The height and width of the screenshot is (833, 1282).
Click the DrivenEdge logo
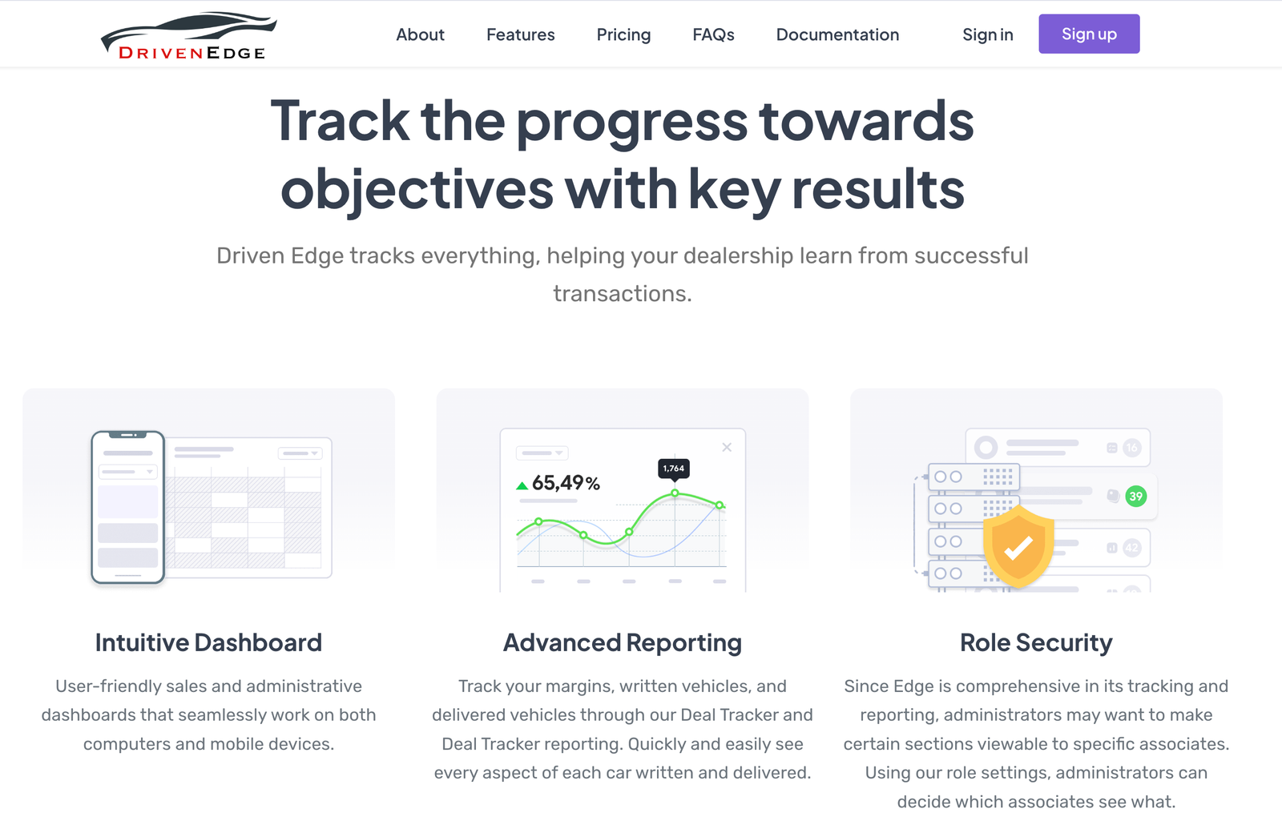pyautogui.click(x=189, y=36)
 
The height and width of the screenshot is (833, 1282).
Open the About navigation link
pyautogui.click(x=420, y=34)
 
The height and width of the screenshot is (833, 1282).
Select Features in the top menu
pyautogui.click(x=520, y=34)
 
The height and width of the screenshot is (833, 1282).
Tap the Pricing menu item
pyautogui.click(x=623, y=35)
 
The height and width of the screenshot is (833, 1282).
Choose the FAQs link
pyautogui.click(x=713, y=34)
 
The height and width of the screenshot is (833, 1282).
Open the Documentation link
pyautogui.click(x=837, y=34)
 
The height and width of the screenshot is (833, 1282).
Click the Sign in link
pyautogui.click(x=987, y=34)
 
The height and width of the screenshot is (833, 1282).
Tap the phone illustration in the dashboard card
pyautogui.click(x=128, y=508)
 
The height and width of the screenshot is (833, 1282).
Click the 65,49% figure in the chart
pyautogui.click(x=566, y=484)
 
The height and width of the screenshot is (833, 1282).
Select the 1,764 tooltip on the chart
pyautogui.click(x=674, y=469)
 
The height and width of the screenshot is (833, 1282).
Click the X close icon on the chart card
pyautogui.click(x=727, y=448)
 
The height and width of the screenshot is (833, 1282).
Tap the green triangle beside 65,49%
pyautogui.click(x=522, y=485)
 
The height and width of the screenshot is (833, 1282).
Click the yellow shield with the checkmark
pyautogui.click(x=1018, y=546)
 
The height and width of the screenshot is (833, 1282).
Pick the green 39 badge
pyautogui.click(x=1135, y=496)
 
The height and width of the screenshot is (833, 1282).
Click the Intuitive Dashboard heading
pyautogui.click(x=208, y=642)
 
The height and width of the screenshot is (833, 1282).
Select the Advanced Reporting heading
pyautogui.click(x=623, y=643)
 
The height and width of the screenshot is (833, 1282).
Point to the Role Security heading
pyautogui.click(x=1036, y=643)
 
